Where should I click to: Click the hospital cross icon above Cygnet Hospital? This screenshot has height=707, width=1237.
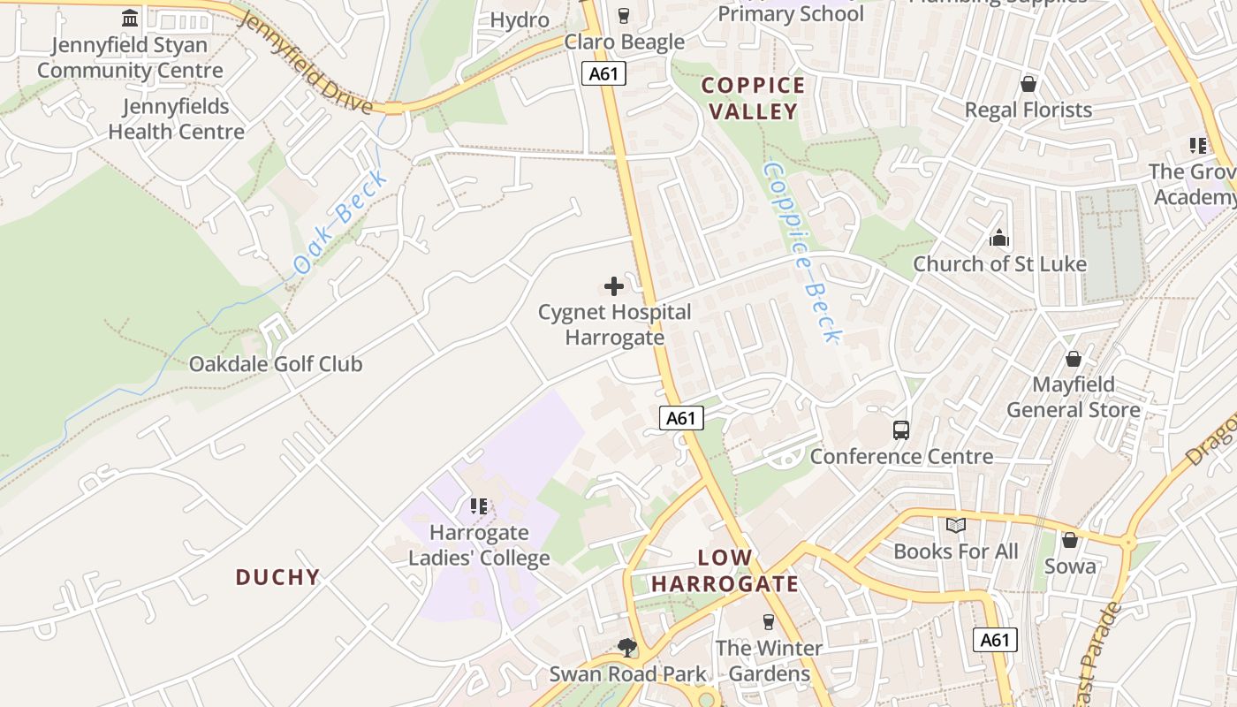[x=614, y=286]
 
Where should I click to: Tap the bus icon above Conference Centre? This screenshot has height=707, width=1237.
[x=901, y=430]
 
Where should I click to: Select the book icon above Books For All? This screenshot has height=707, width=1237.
[x=956, y=526]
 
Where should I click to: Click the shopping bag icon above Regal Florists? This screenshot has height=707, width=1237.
[x=1028, y=84]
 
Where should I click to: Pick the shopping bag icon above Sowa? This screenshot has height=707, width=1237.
[x=1070, y=540]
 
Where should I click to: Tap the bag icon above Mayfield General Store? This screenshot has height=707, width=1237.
[x=1074, y=359]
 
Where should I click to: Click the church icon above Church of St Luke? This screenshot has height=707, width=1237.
[x=999, y=238]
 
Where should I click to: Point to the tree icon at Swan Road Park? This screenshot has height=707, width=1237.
[x=627, y=648]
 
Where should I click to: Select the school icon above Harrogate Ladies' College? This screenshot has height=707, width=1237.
[x=479, y=506]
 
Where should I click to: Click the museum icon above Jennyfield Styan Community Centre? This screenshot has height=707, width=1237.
[x=131, y=18]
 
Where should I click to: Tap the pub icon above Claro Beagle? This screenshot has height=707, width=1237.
[x=624, y=16]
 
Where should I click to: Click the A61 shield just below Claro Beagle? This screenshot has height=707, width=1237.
[x=603, y=73]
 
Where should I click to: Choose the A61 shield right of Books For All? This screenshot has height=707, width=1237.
[x=995, y=640]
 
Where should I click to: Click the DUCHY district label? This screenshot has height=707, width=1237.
[x=277, y=577]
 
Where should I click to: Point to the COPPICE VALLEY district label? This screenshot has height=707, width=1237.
[x=754, y=98]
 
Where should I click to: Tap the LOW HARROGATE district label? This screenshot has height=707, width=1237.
[x=725, y=571]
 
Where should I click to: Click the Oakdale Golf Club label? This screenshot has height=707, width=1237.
[x=276, y=364]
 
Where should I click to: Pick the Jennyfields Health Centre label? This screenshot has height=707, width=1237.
[x=176, y=119]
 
